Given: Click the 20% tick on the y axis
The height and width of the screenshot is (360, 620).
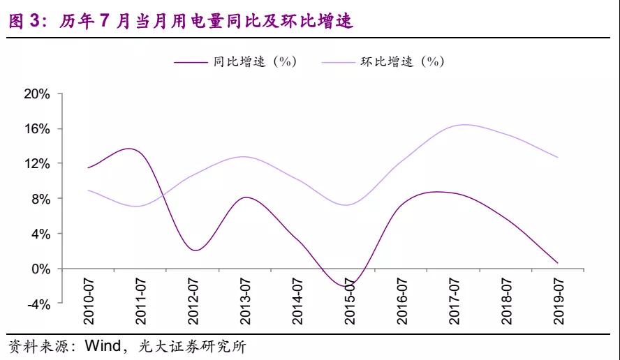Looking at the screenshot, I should click(x=38, y=94).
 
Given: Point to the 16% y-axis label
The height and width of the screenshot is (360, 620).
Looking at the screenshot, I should click(x=38, y=129).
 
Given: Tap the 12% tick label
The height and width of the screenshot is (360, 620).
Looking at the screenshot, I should click(x=38, y=164).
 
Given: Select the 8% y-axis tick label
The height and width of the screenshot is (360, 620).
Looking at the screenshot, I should click(x=40, y=199).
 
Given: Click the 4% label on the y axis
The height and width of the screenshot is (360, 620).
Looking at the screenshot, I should click(x=40, y=234).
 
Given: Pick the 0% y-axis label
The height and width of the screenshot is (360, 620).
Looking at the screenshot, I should click(x=40, y=269).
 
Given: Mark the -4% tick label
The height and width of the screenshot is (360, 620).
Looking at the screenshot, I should click(x=39, y=303).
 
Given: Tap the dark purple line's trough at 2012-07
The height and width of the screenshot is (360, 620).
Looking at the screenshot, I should click(x=195, y=250).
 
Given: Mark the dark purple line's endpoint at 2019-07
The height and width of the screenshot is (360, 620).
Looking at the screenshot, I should click(x=577, y=263).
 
